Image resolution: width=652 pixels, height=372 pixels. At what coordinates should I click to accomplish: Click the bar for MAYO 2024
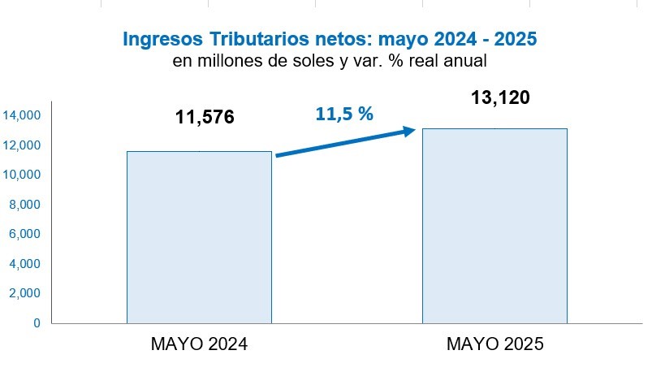coord(199,236)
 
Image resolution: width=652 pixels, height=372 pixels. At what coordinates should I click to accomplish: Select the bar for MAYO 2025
coord(494,225)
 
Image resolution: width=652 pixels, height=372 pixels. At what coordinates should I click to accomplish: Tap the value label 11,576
coord(205,118)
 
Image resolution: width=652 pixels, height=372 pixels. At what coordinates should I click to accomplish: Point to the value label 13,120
coord(500,98)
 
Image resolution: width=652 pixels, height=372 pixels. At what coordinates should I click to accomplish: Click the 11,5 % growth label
coord(344,114)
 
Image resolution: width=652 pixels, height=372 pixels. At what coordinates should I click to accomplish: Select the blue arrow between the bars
coord(346,142)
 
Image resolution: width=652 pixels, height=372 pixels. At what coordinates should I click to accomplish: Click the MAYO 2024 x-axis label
coord(199,344)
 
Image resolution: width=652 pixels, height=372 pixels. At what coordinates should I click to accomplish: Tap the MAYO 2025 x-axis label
coord(494,344)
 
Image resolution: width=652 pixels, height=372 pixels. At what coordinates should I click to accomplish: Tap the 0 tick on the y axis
coord(37,322)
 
